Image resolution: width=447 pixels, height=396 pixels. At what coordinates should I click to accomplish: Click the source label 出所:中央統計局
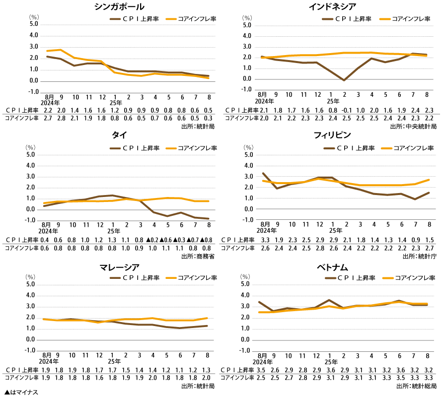[413, 127]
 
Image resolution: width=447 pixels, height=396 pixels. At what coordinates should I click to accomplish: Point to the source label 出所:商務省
[198, 257]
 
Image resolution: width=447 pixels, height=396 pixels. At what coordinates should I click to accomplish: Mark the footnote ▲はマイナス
[21, 392]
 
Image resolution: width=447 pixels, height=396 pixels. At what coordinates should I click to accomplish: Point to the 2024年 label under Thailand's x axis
[48, 230]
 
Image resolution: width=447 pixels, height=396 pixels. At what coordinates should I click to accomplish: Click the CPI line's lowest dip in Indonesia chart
[344, 80]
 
